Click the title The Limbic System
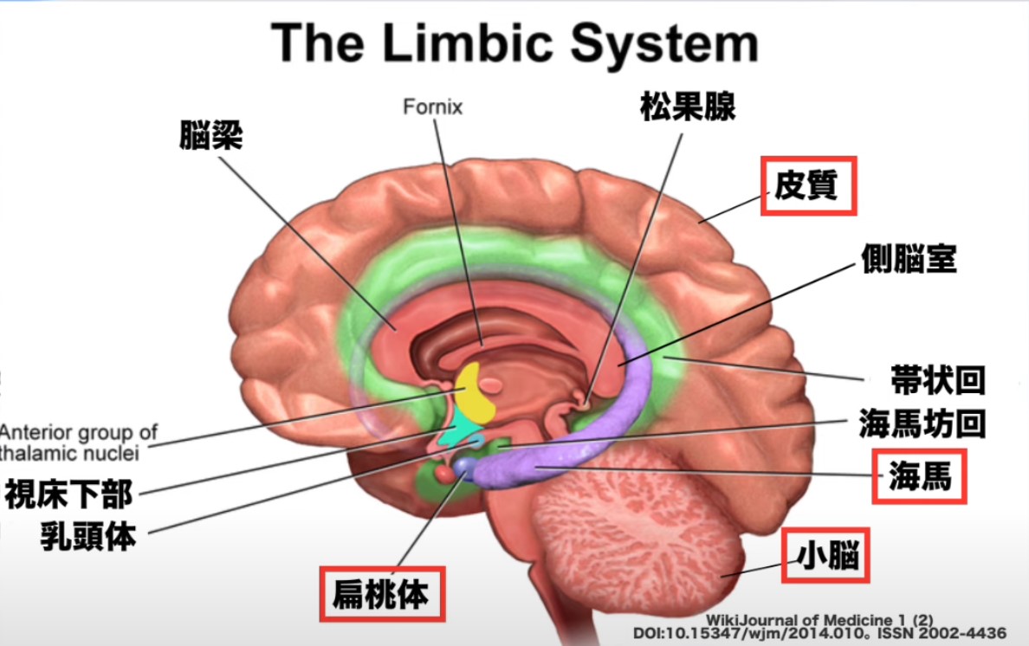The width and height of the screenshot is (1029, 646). (514, 43)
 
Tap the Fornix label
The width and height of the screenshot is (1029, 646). (433, 108)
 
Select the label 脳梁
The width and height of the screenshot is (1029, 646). (210, 136)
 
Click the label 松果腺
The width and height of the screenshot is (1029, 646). (688, 107)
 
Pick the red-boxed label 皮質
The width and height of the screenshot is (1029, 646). (808, 185)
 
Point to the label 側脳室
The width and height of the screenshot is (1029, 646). (909, 257)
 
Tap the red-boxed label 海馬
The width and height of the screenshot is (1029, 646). (919, 477)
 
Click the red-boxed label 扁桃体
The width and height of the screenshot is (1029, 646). (382, 594)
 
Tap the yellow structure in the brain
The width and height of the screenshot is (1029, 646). (475, 392)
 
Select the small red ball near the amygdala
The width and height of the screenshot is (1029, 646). (443, 474)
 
